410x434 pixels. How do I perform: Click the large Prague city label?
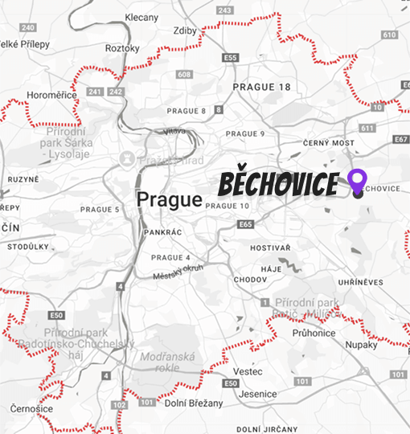tap(169, 199)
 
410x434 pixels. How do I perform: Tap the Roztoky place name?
tap(122, 48)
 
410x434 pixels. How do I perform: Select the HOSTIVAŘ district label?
tap(269, 248)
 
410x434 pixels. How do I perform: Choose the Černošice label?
tap(32, 408)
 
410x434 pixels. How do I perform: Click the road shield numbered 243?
tap(225, 10)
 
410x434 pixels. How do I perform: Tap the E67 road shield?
tap(400, 141)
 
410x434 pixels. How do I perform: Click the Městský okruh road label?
tap(179, 272)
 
